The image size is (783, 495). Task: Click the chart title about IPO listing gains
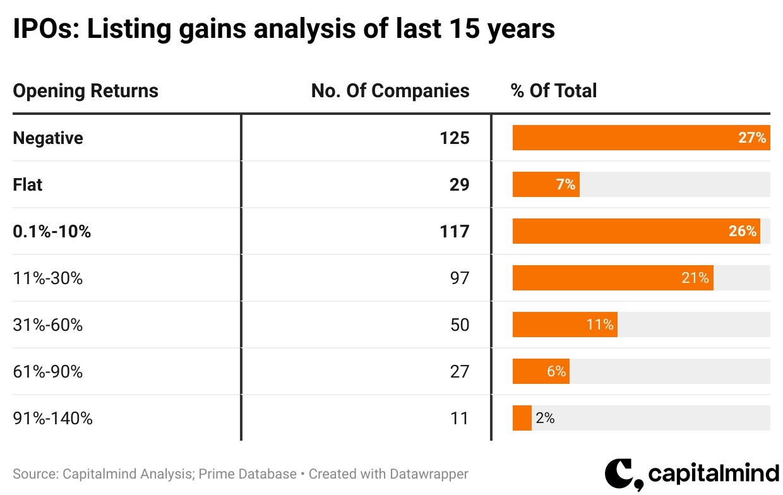(284, 29)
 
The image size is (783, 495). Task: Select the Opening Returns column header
(85, 91)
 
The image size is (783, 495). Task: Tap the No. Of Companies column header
(390, 91)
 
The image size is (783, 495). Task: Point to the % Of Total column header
(554, 91)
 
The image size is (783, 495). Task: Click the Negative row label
(48, 138)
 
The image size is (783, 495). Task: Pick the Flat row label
(28, 185)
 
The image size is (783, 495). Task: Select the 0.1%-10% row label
(52, 232)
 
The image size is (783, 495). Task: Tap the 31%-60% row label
(48, 325)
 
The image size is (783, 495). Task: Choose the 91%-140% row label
(52, 419)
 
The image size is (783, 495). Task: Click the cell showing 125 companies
(455, 138)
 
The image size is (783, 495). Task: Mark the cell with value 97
(460, 278)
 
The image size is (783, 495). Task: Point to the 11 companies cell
(460, 419)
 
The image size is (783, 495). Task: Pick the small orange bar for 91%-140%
(522, 419)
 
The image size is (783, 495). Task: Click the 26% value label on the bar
(743, 232)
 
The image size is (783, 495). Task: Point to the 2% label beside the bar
(545, 419)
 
